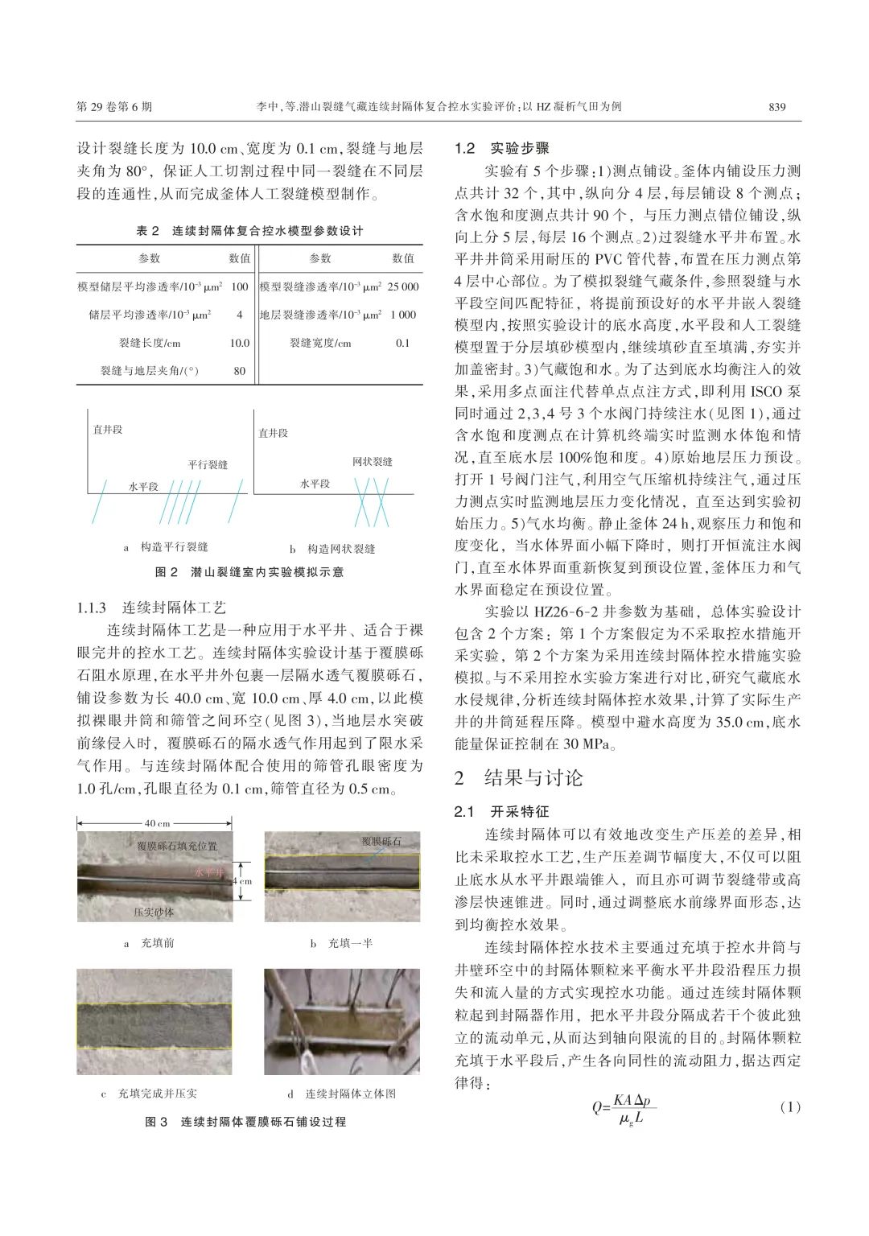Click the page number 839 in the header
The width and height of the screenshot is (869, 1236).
(776, 107)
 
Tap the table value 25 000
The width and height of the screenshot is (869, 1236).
(403, 286)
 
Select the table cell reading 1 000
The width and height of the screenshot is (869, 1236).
(403, 315)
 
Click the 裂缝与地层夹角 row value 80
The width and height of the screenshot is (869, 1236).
(239, 371)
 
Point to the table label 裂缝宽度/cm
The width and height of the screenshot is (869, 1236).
(320, 343)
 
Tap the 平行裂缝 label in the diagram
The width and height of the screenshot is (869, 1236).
(208, 464)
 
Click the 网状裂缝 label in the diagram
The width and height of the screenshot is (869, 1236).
(373, 462)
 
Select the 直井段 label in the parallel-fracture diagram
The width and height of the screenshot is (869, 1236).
(108, 431)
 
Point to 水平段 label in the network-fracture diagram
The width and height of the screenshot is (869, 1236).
(315, 484)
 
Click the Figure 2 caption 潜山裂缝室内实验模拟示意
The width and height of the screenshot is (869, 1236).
(249, 572)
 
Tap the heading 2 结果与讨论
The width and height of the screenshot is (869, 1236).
(518, 777)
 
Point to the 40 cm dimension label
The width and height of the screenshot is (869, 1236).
(157, 823)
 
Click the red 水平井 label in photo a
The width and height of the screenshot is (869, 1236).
(209, 871)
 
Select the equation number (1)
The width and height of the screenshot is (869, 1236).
(790, 1107)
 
